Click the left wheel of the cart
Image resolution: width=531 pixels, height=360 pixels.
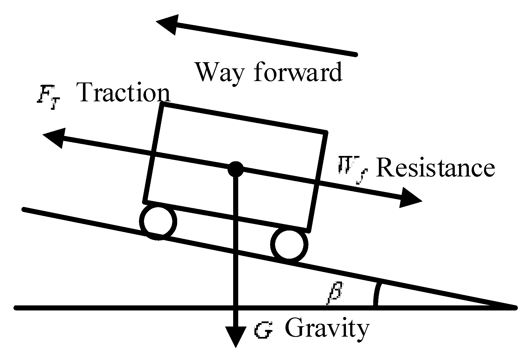158,221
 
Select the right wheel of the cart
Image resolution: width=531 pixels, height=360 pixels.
289,244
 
